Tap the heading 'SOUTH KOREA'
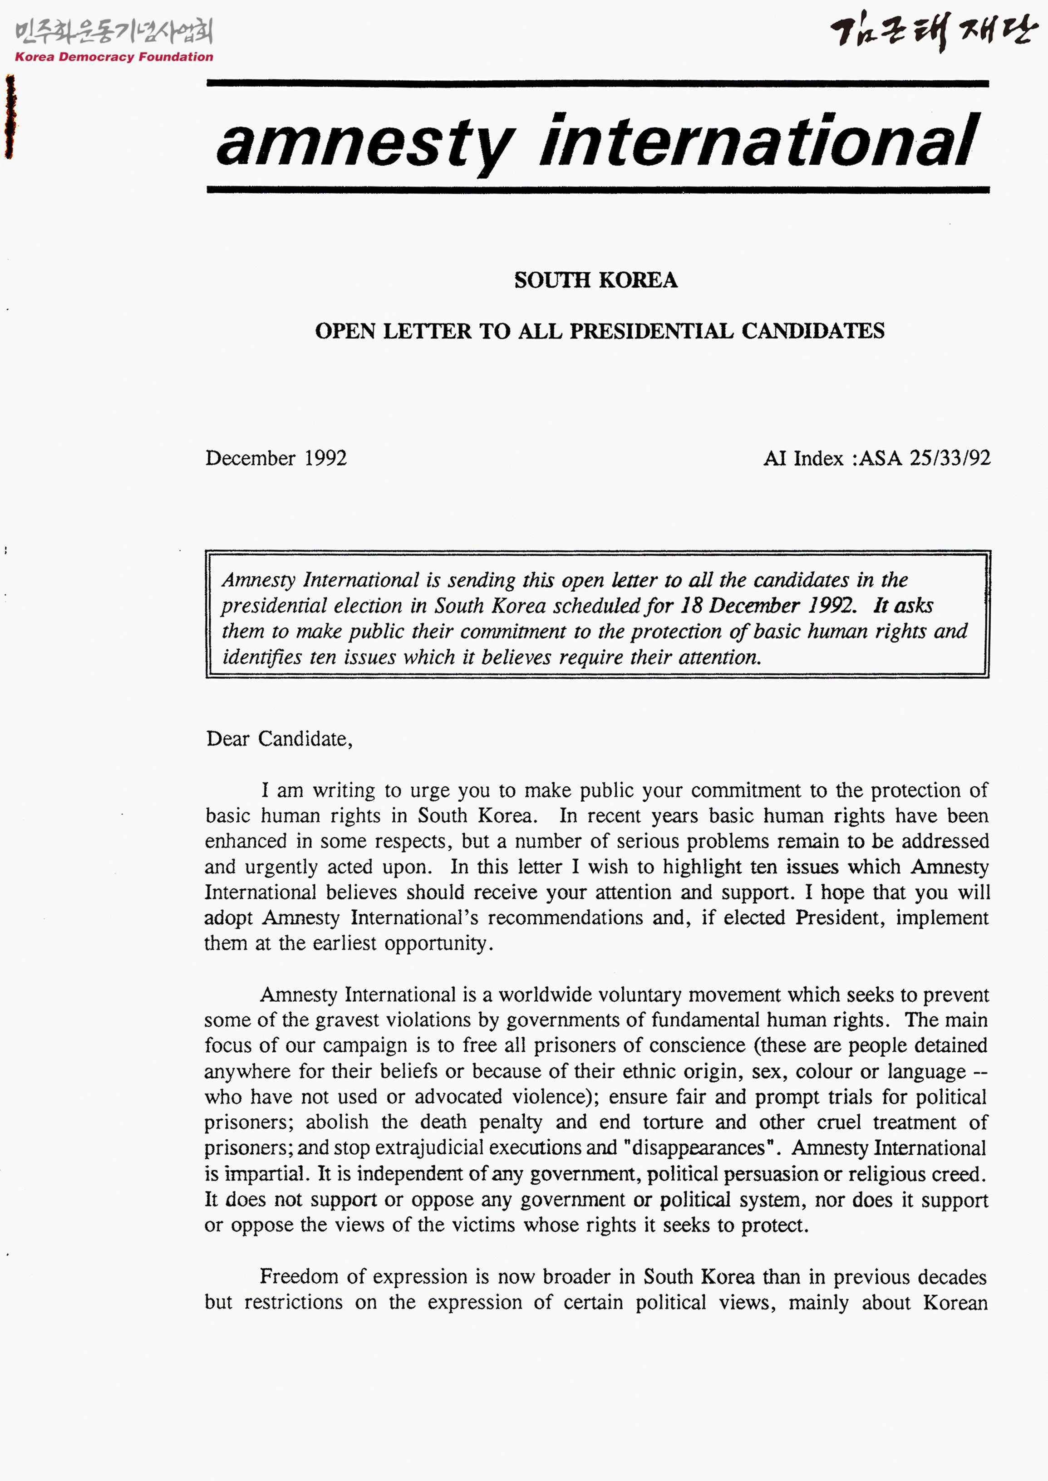pos(595,280)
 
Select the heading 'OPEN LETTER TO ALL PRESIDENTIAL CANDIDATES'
pos(600,331)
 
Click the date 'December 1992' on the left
pos(276,458)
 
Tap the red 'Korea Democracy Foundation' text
pos(113,57)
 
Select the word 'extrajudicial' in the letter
pos(429,1148)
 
